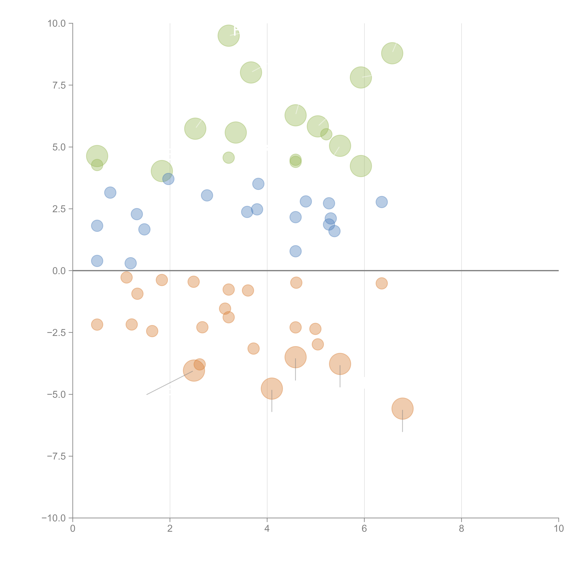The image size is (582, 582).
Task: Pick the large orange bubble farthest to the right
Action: pos(402,408)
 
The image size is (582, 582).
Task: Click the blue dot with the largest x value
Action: pos(381,202)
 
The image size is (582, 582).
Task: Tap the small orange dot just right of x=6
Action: pos(381,283)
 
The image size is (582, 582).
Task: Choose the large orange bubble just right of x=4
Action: pos(272,389)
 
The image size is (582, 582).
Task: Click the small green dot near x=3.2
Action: pos(229,158)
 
